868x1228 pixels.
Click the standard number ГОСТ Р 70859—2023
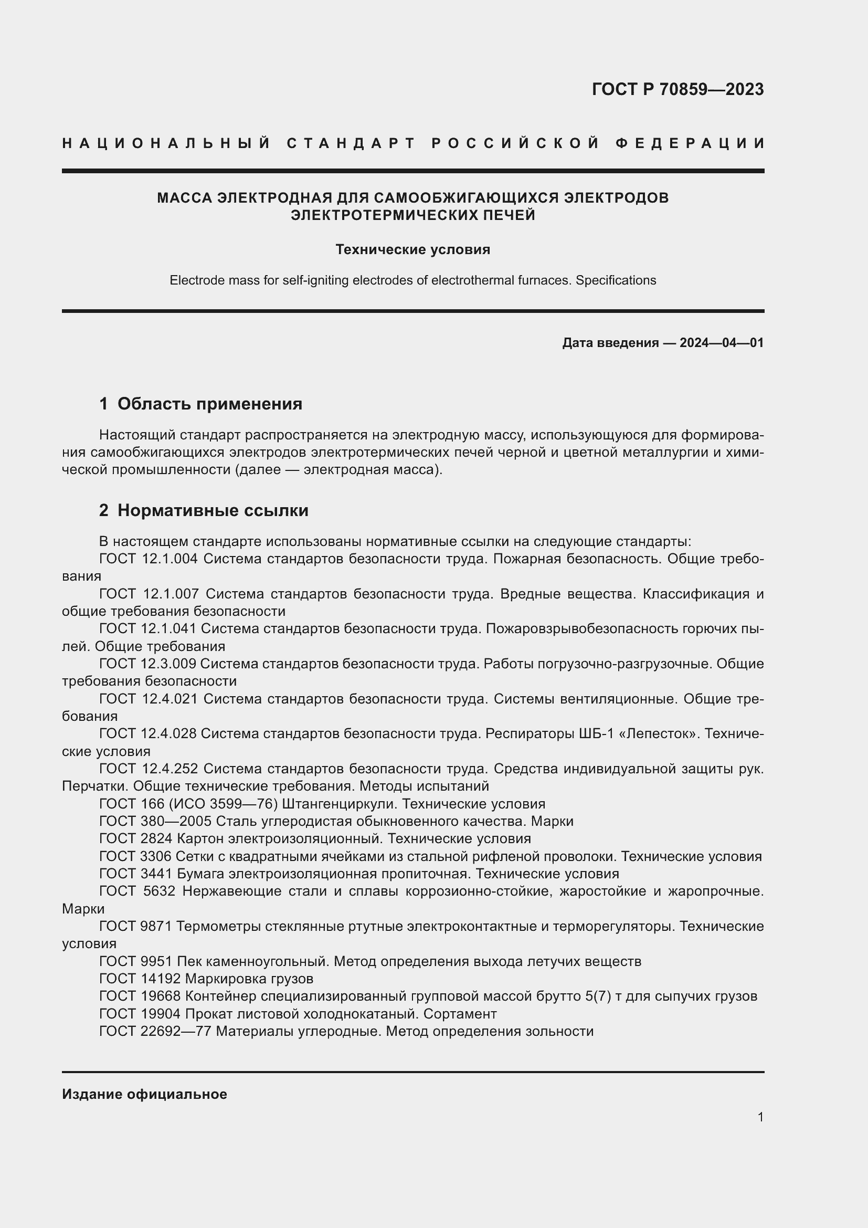tap(678, 89)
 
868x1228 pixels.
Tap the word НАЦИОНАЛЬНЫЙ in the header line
tap(166, 143)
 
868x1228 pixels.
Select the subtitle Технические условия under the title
tap(412, 250)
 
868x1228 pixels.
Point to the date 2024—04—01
tap(722, 343)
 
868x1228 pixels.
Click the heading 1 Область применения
tap(200, 404)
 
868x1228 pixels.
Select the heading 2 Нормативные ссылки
tap(204, 510)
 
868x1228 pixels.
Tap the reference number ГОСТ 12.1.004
tap(149, 559)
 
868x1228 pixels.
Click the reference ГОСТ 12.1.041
tap(148, 629)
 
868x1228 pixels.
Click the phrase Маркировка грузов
tap(249, 979)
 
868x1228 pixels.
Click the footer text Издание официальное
tap(144, 1094)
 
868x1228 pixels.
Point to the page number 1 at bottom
tap(760, 1117)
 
